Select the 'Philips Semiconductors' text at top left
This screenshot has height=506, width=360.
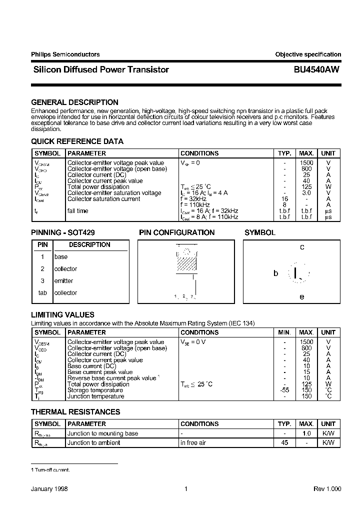[65, 54]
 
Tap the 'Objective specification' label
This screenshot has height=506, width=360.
[308, 54]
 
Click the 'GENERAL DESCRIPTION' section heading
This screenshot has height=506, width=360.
[74, 102]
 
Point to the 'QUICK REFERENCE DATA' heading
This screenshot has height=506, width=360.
[77, 141]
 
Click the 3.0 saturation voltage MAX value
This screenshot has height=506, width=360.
[306, 193]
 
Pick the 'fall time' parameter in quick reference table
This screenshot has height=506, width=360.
[77, 211]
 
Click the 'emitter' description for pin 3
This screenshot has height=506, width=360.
[63, 281]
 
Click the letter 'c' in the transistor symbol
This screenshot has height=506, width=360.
[302, 247]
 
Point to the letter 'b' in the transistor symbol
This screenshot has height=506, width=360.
[275, 273]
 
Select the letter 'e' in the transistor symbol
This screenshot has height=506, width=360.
[302, 296]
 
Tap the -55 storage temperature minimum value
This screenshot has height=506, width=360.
[284, 390]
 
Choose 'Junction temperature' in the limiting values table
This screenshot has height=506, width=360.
[95, 396]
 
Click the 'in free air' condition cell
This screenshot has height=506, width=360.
[194, 442]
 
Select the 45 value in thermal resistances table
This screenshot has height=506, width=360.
[284, 442]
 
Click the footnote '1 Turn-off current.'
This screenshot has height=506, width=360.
[50, 470]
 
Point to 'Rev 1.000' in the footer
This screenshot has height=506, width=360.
[327, 489]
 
